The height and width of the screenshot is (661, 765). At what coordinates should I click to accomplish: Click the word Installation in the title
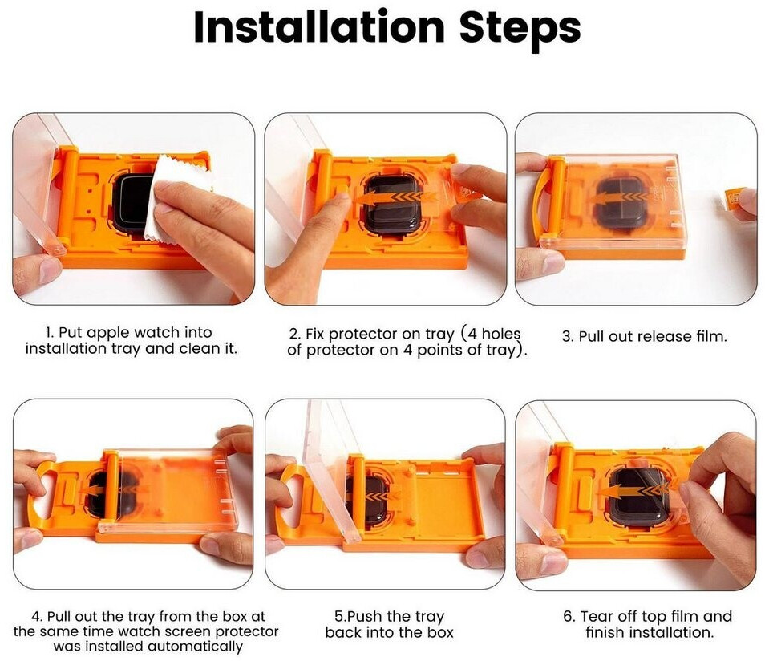[319, 26]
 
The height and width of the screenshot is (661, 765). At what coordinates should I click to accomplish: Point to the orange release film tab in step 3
[735, 200]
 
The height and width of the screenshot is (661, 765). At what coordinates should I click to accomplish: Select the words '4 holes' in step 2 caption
[493, 335]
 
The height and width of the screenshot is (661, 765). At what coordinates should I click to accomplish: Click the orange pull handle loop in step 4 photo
[43, 492]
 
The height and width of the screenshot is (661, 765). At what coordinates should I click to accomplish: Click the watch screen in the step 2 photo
[390, 205]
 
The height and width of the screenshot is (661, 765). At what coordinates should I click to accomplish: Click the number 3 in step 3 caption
[566, 337]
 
